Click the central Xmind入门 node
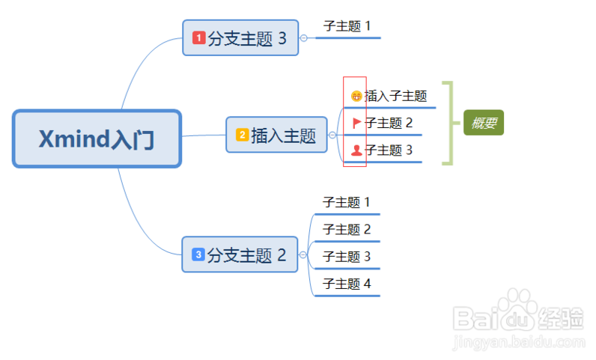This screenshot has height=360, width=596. coord(97,139)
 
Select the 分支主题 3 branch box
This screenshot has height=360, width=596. coord(240,38)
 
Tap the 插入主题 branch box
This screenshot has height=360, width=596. coord(276,135)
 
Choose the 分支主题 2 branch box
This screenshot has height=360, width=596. coord(240,255)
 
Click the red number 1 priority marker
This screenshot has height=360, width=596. coord(198,37)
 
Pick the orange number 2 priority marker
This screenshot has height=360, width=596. coord(242,135)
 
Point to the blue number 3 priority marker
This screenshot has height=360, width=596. coord(198,254)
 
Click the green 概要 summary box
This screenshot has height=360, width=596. coord(483,123)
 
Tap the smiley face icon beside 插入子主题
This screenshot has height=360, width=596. coord(356,96)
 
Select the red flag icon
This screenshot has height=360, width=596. coord(356,123)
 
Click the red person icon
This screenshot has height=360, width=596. coord(356,150)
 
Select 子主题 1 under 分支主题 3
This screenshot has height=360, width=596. coord(347,26)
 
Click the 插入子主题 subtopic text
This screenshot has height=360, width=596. coord(395,96)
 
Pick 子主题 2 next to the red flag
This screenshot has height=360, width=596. coord(389,123)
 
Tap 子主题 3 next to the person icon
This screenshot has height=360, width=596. coord(389,150)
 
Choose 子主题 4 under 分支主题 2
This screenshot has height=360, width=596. coord(347,284)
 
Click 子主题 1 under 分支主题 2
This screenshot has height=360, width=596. coord(347,202)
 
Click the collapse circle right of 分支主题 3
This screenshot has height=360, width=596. coord(303,37)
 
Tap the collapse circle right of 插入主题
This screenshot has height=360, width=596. coord(332,135)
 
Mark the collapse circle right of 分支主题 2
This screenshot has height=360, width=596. coord(302,255)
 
